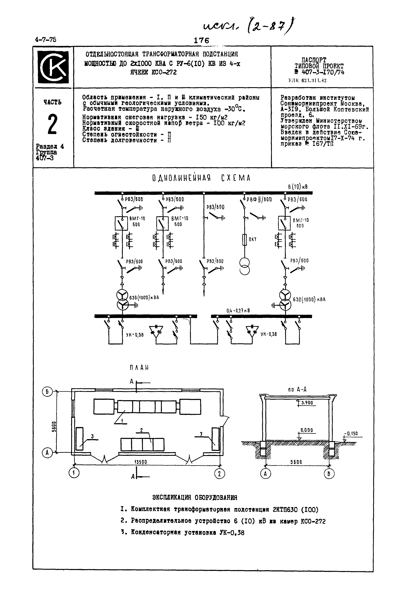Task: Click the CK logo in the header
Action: (x=53, y=67)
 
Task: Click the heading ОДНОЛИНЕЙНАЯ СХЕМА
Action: (x=201, y=178)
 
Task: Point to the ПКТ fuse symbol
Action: (x=245, y=240)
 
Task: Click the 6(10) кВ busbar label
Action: (x=298, y=187)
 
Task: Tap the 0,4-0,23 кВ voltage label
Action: (x=238, y=311)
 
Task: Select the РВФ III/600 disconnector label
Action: (x=259, y=199)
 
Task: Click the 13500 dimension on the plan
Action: (x=140, y=462)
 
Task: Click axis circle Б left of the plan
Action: (x=47, y=392)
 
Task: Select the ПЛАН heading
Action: (x=139, y=367)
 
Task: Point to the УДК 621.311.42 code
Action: (x=307, y=81)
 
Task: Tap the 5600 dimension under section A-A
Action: (x=296, y=462)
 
